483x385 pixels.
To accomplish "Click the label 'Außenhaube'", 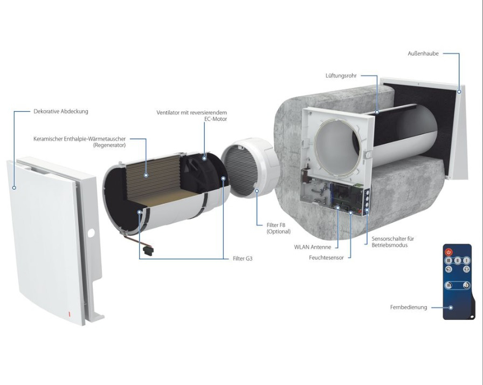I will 423,54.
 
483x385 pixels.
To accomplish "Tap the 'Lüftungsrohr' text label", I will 342,75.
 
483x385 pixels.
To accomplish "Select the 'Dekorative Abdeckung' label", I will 60,112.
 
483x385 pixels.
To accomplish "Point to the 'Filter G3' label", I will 242,259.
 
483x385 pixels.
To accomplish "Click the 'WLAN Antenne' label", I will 313,247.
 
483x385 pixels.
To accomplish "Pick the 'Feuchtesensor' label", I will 326,258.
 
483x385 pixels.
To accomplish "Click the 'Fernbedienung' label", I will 408,307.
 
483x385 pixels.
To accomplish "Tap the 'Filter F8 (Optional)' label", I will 279,228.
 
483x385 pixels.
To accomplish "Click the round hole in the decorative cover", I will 91,233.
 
